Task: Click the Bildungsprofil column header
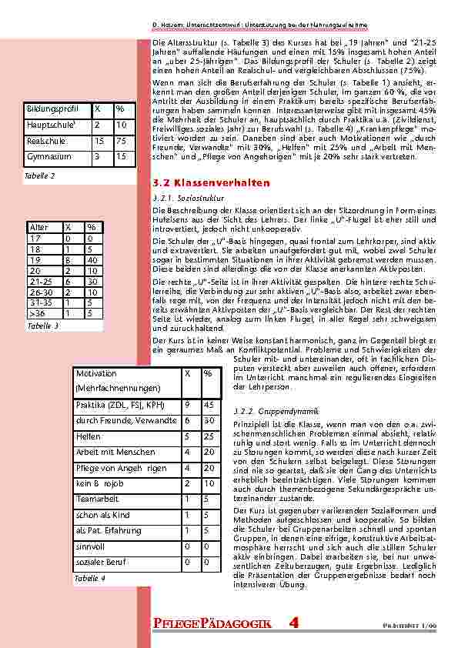pyautogui.click(x=52, y=109)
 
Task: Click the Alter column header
pyautogui.click(x=38, y=228)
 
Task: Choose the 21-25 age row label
pyautogui.click(x=39, y=282)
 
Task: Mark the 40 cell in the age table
pyautogui.click(x=91, y=260)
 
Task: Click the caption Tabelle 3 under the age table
pyautogui.click(x=43, y=326)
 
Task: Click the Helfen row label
pyautogui.click(x=89, y=436)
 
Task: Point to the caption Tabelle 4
pyautogui.click(x=89, y=577)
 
